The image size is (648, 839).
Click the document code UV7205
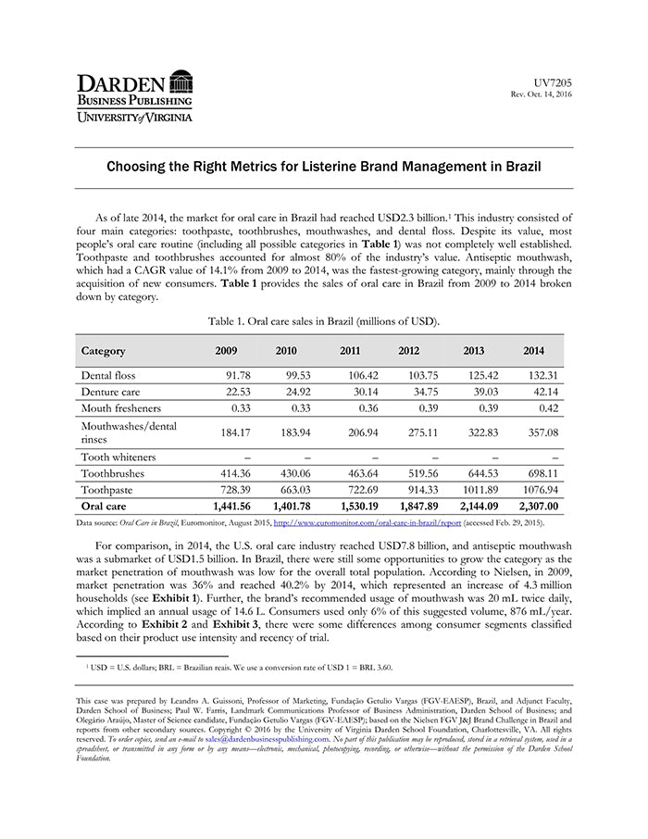click(555, 83)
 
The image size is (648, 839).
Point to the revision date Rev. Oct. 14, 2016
click(542, 95)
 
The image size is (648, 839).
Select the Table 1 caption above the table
click(323, 320)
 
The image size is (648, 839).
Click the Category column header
click(103, 351)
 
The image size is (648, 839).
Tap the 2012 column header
click(408, 351)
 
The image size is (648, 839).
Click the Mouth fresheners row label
click(120, 407)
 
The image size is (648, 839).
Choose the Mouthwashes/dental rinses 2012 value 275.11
click(417, 432)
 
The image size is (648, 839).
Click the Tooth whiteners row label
click(118, 457)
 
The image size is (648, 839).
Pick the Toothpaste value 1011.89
click(477, 489)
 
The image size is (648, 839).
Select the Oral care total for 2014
click(535, 506)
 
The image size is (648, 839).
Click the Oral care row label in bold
click(104, 506)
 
